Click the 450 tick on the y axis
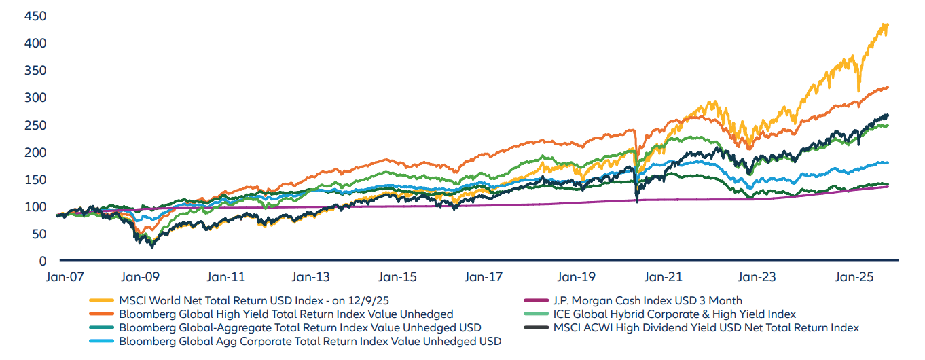click(39, 16)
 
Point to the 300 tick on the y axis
click(39, 98)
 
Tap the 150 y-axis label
click(39, 180)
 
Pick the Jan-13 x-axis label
click(310, 277)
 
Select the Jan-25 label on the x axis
click(853, 277)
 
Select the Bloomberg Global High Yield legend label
click(286, 314)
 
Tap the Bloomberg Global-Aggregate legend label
click(300, 327)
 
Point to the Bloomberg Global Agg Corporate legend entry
click(310, 341)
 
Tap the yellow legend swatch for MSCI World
click(101, 300)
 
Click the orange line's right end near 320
click(888, 87)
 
